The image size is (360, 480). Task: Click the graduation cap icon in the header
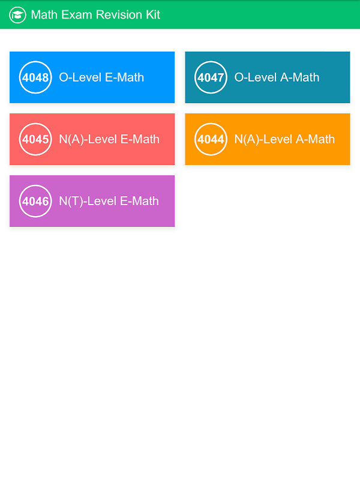tap(17, 14)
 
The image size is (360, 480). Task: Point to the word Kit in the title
tap(153, 14)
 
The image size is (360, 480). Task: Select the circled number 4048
tap(35, 77)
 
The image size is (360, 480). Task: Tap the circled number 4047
tap(211, 77)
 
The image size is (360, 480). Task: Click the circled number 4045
tap(35, 139)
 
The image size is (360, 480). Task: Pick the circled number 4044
tap(211, 139)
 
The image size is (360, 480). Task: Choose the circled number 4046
tap(35, 201)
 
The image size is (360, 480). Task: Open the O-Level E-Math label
tap(101, 77)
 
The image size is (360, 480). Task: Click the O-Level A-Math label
tap(277, 77)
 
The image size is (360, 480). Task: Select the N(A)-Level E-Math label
tap(109, 139)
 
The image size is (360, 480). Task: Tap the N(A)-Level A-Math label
tap(284, 139)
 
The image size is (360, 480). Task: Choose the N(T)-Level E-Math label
tap(109, 201)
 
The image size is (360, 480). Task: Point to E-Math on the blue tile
tap(125, 77)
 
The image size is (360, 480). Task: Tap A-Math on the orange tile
tap(316, 139)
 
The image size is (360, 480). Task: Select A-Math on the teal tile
tap(300, 77)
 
